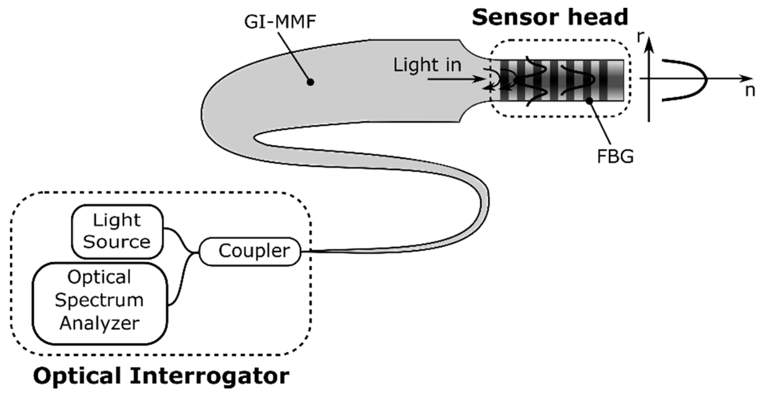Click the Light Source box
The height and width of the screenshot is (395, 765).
117,231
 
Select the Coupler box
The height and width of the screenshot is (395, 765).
250,251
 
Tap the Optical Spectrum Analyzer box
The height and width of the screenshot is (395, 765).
100,303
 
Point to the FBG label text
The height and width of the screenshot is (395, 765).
615,156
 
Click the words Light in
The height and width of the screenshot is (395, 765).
427,65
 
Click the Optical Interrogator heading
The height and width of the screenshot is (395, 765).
161,376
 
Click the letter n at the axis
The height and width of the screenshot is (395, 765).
750,91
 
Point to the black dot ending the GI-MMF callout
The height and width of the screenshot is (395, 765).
311,82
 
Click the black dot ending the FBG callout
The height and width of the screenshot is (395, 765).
589,100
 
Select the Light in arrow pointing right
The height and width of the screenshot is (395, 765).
456,79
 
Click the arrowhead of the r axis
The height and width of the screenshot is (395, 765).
650,45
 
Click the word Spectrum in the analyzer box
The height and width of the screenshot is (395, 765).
99,300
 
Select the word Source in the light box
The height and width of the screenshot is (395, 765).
116,242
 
